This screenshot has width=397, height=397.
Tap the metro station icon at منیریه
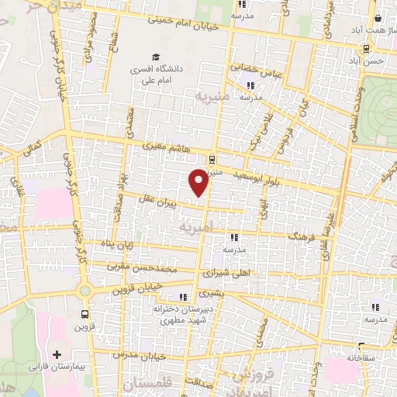tap(212, 159)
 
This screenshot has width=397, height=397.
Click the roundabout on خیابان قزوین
tap(85, 290)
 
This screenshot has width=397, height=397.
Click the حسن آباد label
tap(376, 60)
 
